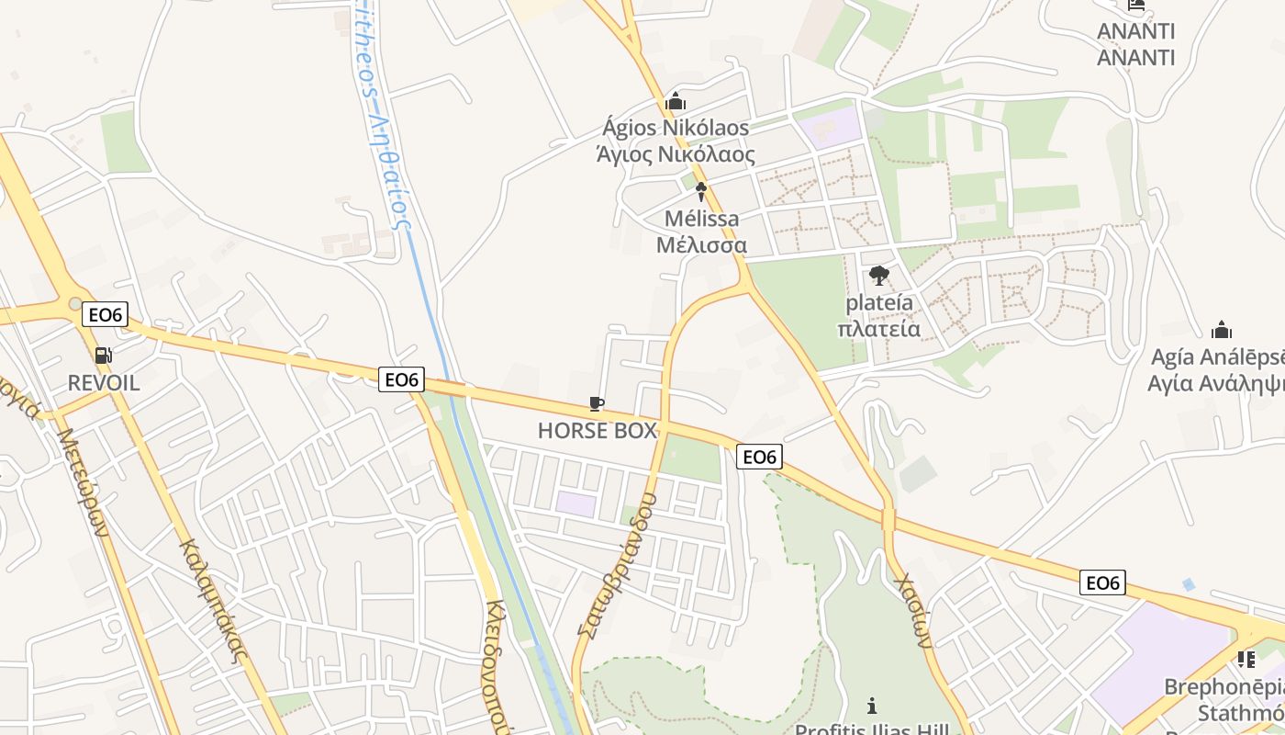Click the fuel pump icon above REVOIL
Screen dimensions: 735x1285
point(104,356)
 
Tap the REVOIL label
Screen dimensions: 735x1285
point(104,382)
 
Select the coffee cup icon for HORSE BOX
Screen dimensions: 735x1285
point(597,404)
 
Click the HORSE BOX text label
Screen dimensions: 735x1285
point(598,430)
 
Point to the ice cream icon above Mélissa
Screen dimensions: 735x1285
point(701,192)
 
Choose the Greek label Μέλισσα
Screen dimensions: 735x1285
point(701,245)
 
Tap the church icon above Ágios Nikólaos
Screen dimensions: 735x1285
point(676,101)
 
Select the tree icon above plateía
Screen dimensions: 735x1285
point(879,275)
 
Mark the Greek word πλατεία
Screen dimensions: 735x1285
point(879,328)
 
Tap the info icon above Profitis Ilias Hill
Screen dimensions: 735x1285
point(871,706)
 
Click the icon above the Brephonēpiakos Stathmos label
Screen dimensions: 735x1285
point(1246,659)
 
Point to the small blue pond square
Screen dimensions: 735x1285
point(1190,583)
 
